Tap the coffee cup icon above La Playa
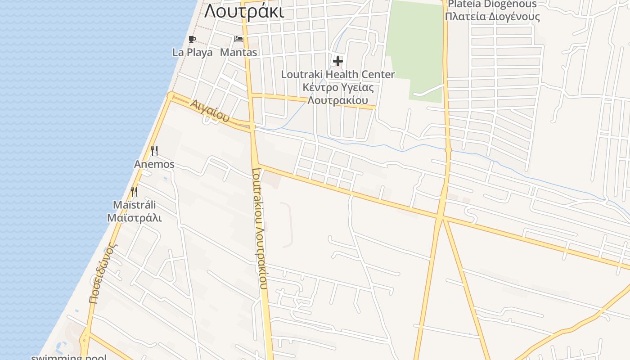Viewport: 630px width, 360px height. (x=192, y=39)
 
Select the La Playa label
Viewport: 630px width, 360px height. (x=192, y=52)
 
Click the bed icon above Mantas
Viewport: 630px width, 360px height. (x=238, y=39)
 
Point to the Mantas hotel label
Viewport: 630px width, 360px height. (x=238, y=52)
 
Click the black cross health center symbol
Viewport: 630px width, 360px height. (x=337, y=61)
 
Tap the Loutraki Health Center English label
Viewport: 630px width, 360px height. (x=337, y=74)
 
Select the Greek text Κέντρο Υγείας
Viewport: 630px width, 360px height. (x=337, y=87)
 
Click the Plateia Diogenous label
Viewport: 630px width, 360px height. (x=492, y=4)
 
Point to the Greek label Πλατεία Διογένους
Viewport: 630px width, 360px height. (x=492, y=17)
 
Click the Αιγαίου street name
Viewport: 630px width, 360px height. (x=210, y=111)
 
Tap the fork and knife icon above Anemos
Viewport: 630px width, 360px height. (x=154, y=150)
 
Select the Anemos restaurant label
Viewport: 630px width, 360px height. (x=154, y=164)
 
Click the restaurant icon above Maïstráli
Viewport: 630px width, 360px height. (x=134, y=192)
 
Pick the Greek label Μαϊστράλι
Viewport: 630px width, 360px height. (x=134, y=218)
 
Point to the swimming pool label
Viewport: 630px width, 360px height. (x=69, y=357)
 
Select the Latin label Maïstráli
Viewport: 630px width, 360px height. (x=134, y=205)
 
